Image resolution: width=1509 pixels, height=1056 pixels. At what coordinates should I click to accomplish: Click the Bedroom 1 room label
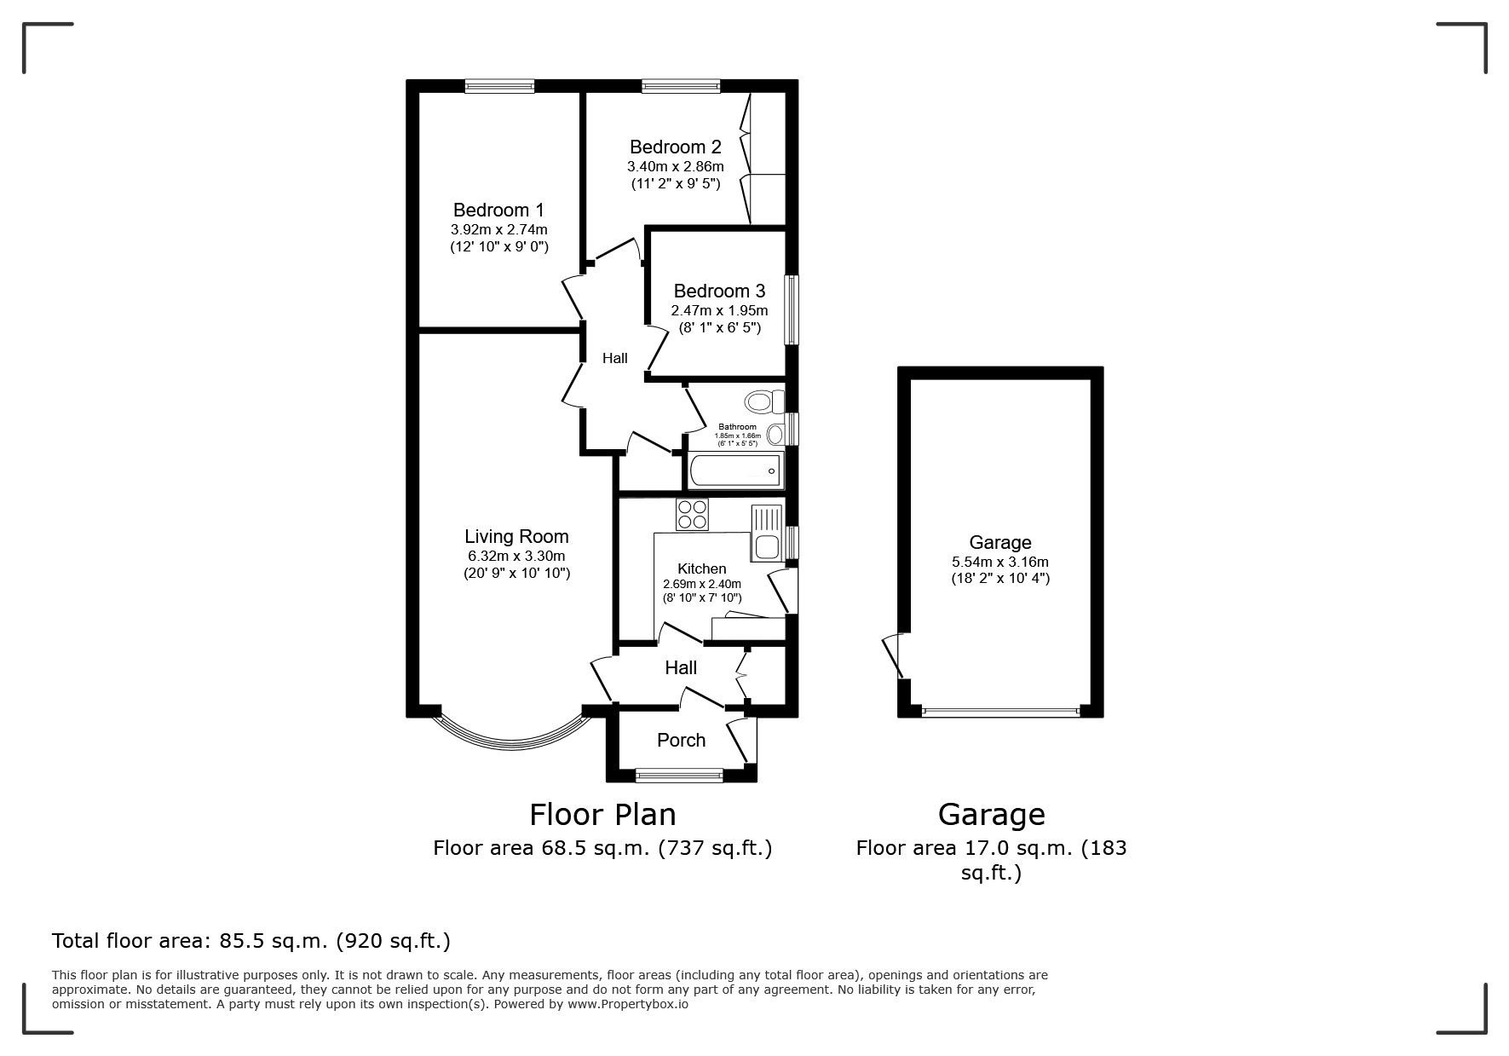click(498, 210)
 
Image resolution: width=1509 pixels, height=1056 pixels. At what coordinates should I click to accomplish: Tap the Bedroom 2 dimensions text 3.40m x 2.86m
click(676, 166)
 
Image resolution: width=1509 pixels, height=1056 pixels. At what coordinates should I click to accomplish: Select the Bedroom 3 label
click(719, 291)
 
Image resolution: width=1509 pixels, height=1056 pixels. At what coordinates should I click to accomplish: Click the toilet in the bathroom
click(763, 401)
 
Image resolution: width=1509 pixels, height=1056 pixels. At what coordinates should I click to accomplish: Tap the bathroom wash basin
click(775, 435)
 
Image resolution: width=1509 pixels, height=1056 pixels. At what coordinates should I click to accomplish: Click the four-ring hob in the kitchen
click(692, 515)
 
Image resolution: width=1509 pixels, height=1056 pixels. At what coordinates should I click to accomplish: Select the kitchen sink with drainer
click(767, 533)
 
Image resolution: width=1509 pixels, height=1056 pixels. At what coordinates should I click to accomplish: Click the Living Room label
click(516, 536)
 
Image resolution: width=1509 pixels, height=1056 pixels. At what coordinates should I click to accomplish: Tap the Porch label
click(682, 740)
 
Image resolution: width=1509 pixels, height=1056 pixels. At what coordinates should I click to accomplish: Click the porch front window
click(679, 776)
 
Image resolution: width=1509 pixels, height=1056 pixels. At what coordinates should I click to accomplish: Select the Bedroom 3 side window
click(792, 309)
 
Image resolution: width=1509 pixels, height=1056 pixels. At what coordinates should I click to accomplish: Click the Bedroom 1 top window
click(500, 85)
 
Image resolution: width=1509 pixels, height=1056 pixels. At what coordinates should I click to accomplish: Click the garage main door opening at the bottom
click(1000, 712)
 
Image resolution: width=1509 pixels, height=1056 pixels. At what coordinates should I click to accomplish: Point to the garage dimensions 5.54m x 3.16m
click(1000, 562)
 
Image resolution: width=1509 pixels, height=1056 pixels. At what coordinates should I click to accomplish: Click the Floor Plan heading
click(602, 815)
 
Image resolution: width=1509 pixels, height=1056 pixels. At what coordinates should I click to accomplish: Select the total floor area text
click(251, 941)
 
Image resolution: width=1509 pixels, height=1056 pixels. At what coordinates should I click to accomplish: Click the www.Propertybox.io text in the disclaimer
click(628, 1004)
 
